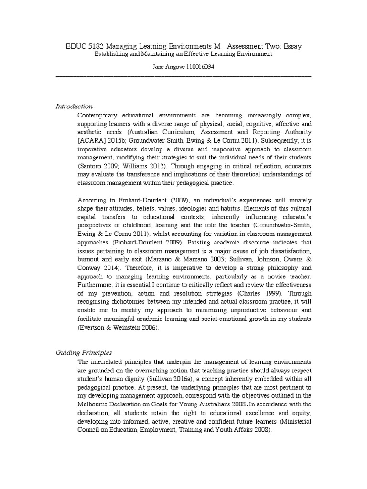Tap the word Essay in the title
pos(291,46)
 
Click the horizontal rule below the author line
pos(183,76)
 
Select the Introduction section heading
pos(75,106)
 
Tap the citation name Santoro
pos(90,166)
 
